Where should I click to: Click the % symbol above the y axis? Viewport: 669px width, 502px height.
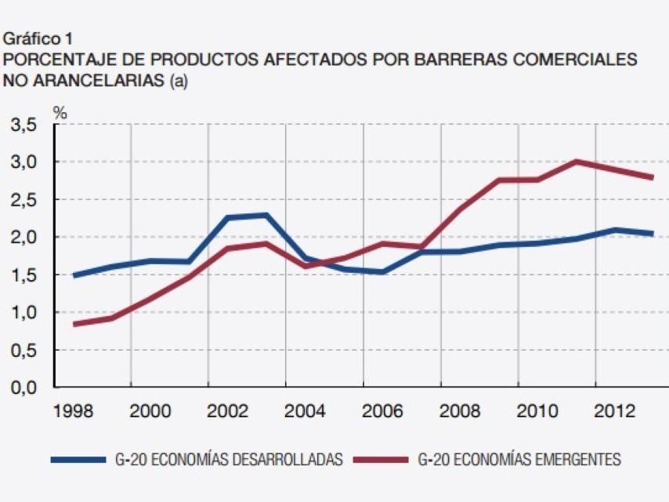[x=60, y=113]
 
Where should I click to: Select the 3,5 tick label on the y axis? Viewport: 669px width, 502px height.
[x=24, y=125]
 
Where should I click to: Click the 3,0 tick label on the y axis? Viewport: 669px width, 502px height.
[x=24, y=162]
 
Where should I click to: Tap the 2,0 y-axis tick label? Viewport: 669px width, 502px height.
[x=24, y=238]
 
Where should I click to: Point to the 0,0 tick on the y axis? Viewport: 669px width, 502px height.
[x=24, y=388]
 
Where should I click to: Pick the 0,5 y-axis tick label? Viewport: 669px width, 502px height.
[x=24, y=351]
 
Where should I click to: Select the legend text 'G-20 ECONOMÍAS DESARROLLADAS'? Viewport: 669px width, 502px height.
[x=228, y=460]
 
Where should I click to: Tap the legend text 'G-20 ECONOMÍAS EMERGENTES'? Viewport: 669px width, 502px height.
[x=519, y=460]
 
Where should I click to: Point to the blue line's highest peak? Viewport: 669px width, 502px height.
[x=266, y=215]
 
